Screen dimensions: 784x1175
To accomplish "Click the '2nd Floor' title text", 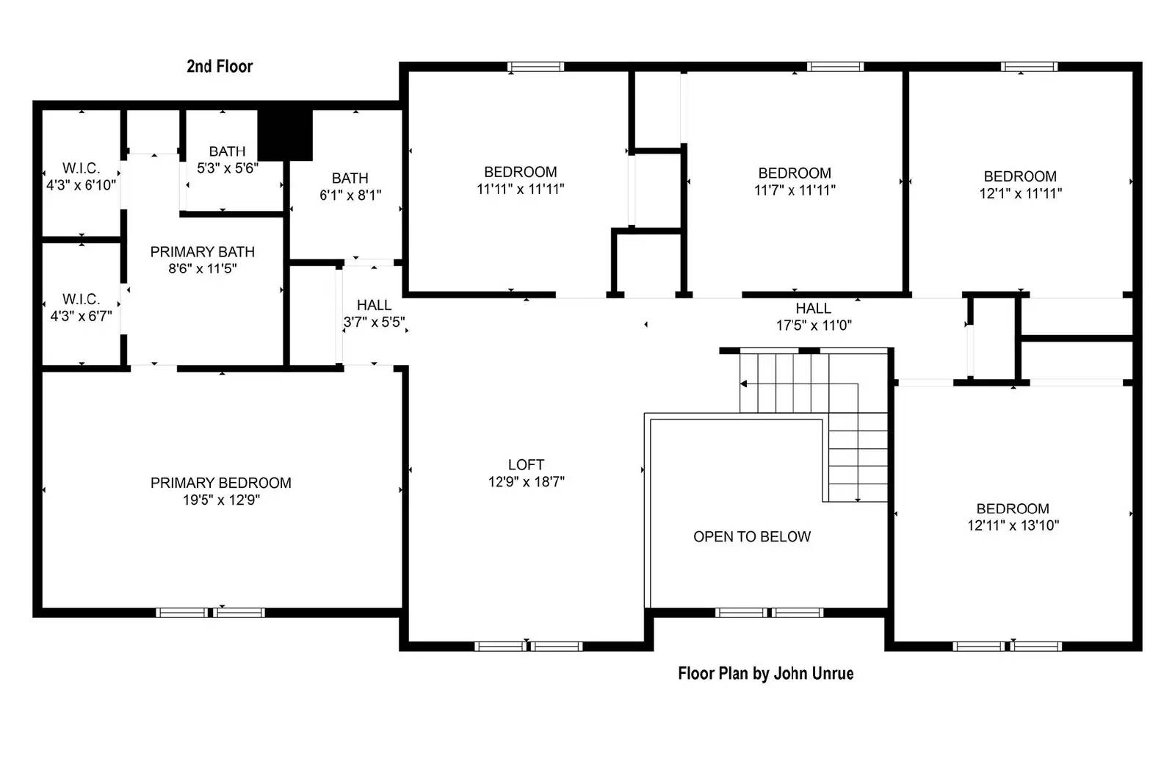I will point(220,66).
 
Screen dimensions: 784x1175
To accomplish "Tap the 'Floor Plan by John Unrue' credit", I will point(765,673).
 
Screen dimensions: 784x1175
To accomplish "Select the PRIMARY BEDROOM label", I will point(221,483).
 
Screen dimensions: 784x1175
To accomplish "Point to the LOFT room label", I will point(526,464).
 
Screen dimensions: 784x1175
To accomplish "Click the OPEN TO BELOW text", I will point(752,536).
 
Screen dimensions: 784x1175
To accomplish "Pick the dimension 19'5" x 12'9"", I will point(221,500).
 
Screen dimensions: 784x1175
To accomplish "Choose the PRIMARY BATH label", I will point(202,251).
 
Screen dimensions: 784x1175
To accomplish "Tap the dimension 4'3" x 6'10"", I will point(81,185).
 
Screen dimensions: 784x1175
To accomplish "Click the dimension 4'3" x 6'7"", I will point(81,316).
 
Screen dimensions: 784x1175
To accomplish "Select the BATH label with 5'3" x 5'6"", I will point(227,151).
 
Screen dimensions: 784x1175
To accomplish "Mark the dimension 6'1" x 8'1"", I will point(350,195).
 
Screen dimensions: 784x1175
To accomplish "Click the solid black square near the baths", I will point(286,134).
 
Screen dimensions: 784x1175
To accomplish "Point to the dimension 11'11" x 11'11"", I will point(520,189).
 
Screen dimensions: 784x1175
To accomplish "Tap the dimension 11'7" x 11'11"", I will point(795,190).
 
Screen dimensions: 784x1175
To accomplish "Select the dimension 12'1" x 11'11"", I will point(1020,193).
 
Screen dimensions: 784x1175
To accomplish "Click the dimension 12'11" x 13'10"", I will point(1013,525).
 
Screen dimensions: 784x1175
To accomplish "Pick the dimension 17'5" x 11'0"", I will point(814,325).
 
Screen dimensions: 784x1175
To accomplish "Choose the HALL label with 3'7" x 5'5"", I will point(374,305).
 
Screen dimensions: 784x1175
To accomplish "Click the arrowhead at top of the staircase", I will point(743,384).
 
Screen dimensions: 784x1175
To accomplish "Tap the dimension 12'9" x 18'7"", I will point(526,481).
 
